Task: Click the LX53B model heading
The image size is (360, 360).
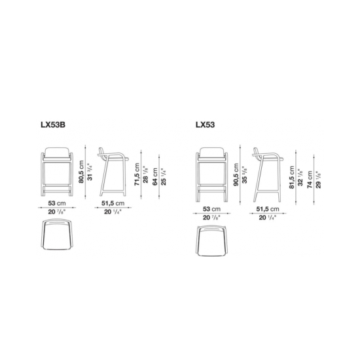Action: point(53,124)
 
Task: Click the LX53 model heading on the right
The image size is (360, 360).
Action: point(206,124)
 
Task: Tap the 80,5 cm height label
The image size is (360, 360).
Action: point(81,171)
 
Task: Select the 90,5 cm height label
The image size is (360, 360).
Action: point(236,175)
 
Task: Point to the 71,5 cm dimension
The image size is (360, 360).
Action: point(137,174)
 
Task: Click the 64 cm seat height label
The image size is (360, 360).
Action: point(155,176)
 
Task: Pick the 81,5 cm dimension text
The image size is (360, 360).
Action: point(291,177)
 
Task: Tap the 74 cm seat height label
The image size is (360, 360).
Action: point(310,179)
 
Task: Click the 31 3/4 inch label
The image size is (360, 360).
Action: point(90,172)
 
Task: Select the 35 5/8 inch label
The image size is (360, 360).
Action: point(245,175)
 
